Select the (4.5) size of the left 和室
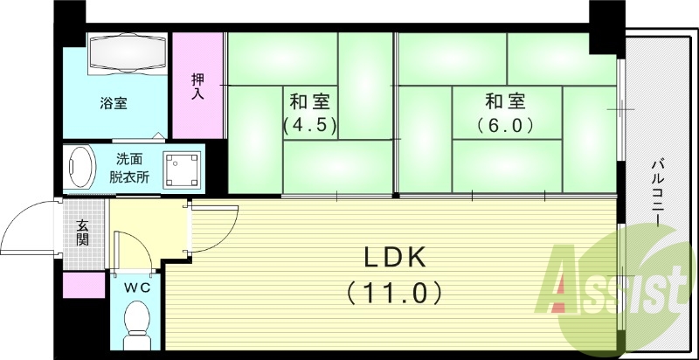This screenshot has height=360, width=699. (x=309, y=124)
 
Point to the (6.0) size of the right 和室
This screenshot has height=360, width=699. (x=505, y=124)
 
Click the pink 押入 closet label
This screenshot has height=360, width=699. (x=197, y=86)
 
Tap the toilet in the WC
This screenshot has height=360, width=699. (x=137, y=322)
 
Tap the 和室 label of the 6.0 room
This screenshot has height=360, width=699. (x=505, y=99)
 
